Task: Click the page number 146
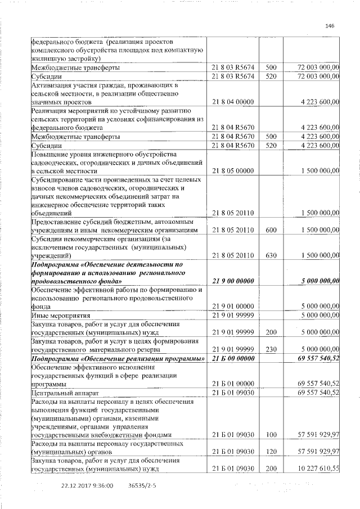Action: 330,26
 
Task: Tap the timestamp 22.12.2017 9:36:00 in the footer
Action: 87,485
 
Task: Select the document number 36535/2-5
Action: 142,485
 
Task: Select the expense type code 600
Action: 271,231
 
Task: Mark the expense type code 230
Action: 271,349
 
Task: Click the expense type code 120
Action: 271,452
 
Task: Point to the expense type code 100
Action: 271,435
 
